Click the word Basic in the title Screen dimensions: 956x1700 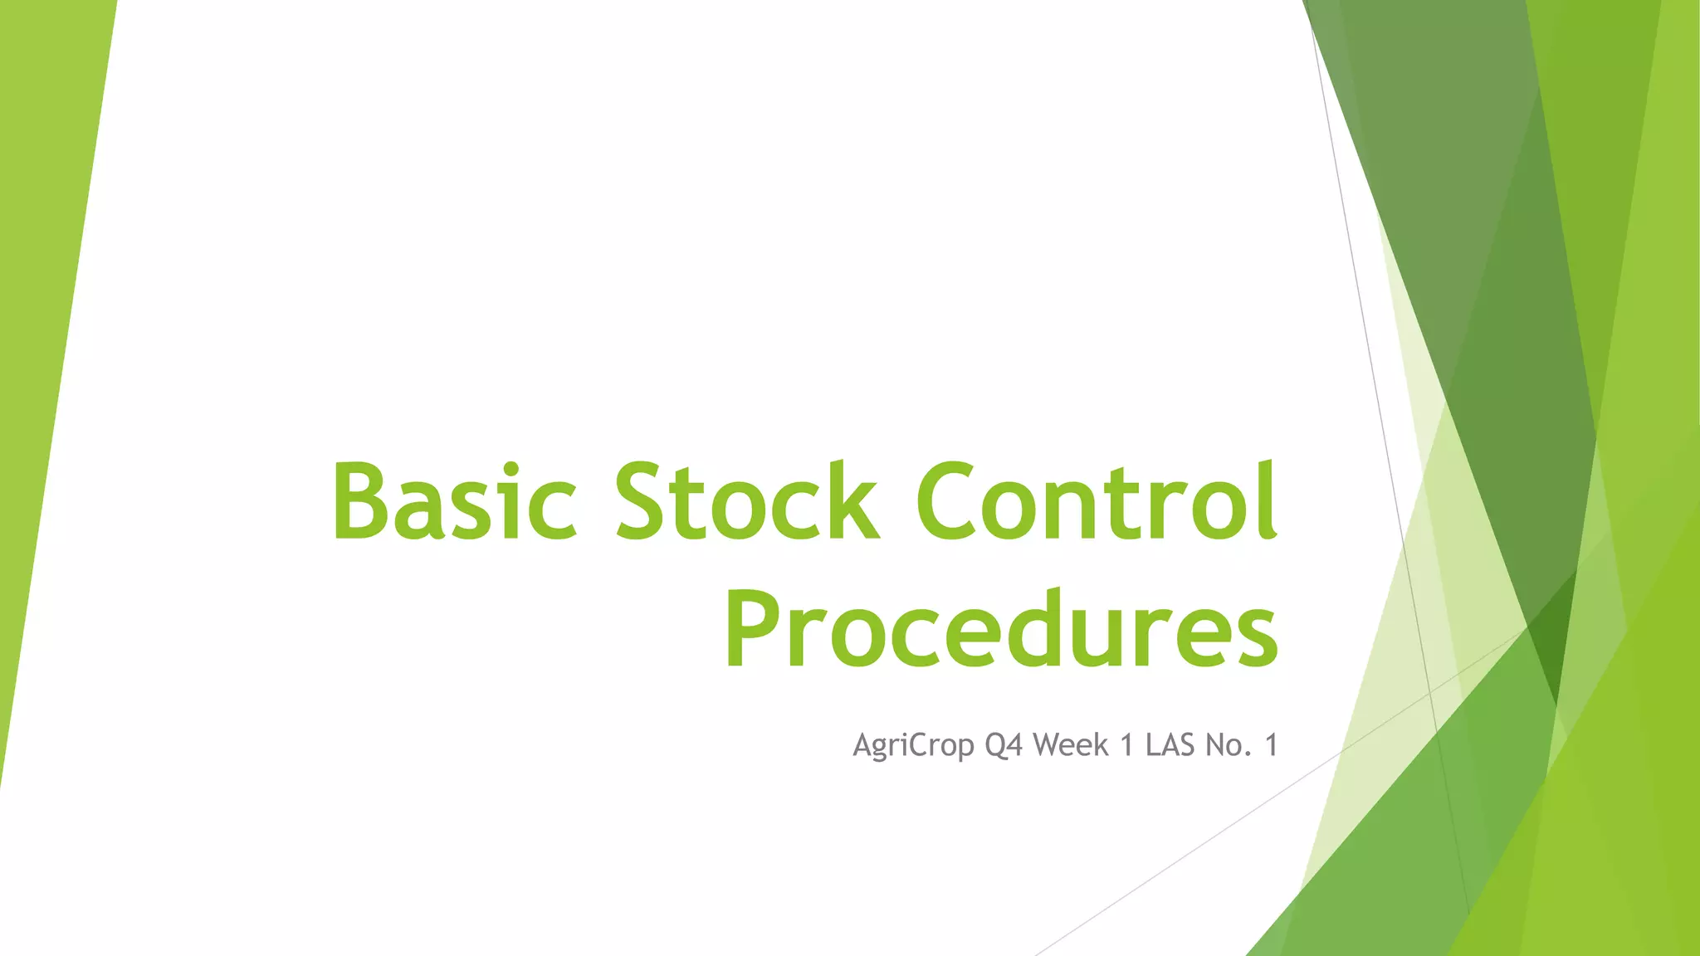[454, 501]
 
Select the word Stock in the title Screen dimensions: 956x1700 [746, 501]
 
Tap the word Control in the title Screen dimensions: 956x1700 [1096, 501]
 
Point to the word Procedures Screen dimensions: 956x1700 [1001, 629]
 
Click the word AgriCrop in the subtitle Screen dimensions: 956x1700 [913, 746]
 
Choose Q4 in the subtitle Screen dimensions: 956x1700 [1004, 746]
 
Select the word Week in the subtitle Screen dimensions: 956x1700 [1071, 745]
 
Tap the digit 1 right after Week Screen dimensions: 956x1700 [1127, 745]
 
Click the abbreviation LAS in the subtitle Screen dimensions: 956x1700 [1170, 745]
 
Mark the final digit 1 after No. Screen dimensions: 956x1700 [1270, 745]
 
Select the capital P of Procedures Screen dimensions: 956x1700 [752, 629]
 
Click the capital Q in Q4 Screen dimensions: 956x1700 [995, 746]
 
